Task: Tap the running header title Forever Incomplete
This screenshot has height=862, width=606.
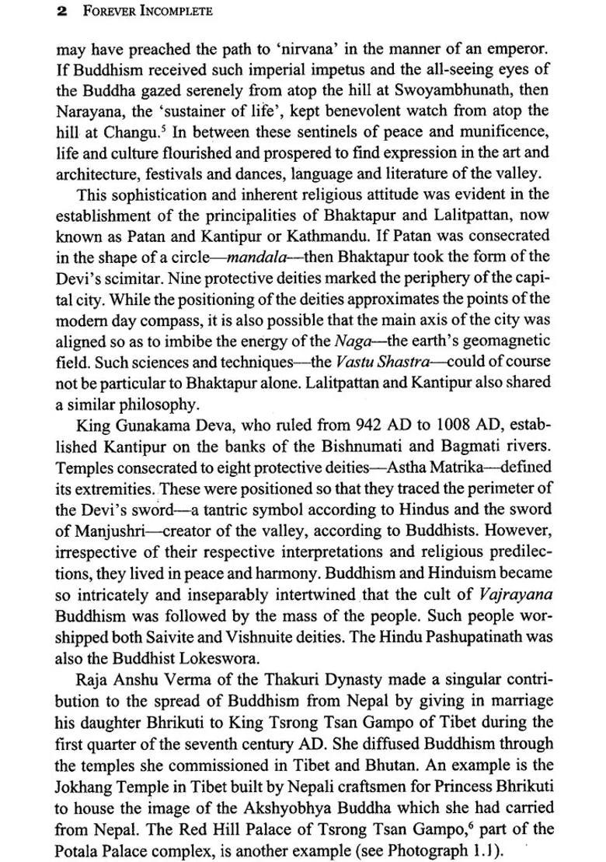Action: click(144, 12)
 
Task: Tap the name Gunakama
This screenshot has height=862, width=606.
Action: click(148, 426)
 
